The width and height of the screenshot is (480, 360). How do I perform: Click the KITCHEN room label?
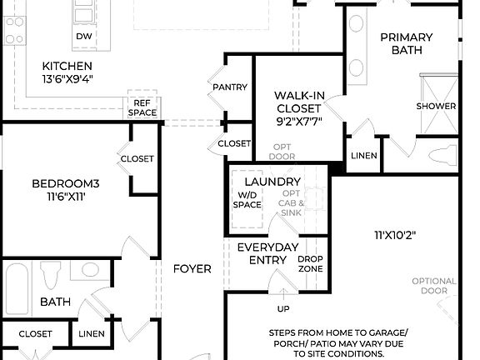coord(67,66)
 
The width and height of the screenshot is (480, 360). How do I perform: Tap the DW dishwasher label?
coord(84,37)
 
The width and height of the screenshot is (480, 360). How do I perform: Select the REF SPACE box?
coord(142,107)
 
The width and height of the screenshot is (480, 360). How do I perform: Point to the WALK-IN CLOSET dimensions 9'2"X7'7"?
coord(297,120)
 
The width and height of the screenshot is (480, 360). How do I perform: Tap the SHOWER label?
coord(437,106)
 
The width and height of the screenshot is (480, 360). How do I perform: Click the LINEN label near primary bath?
coord(364,156)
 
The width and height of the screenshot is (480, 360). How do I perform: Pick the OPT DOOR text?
coord(282,152)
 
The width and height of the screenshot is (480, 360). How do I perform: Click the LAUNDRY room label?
coord(272,182)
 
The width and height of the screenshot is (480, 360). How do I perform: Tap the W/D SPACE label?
coord(247,200)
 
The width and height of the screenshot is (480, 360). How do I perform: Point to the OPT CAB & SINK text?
coord(291,203)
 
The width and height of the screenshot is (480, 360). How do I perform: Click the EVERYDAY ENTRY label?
coord(267,254)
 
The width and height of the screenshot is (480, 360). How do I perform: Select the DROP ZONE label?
coord(311,263)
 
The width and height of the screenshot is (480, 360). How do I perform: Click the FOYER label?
coord(192,268)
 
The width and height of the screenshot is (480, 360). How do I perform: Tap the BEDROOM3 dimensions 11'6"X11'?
coord(66,197)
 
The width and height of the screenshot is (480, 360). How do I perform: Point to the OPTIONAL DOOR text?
coord(434,287)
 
